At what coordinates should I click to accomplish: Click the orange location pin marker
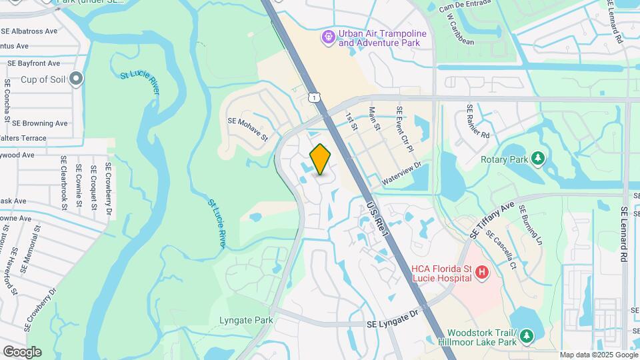click(321, 159)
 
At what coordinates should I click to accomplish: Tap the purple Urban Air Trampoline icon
click(327, 37)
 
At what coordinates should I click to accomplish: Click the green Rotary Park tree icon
click(538, 159)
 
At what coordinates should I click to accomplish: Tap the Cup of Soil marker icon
click(76, 79)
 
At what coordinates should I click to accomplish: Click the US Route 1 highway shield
click(313, 97)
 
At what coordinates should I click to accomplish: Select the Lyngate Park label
click(246, 320)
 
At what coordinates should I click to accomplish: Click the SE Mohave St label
click(247, 129)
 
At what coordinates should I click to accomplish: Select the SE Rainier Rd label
click(478, 121)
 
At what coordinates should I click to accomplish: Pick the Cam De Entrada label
click(465, 9)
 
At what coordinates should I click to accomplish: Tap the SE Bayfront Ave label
click(34, 63)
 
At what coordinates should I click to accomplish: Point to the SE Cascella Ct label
click(501, 250)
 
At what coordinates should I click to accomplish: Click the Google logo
click(22, 352)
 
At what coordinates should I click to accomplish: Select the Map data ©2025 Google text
click(598, 355)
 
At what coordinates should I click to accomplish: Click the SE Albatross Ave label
click(29, 31)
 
